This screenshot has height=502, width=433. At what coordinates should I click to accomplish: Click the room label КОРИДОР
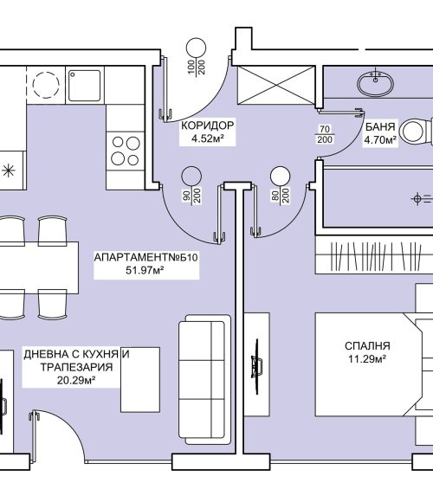pos(208,125)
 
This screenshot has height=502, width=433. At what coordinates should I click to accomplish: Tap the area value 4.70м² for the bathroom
pos(380,140)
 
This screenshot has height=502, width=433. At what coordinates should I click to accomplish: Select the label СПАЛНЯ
pos(367,345)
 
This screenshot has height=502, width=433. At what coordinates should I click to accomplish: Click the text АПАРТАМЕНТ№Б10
pos(146,257)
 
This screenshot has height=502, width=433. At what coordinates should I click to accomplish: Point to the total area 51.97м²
pos(145,271)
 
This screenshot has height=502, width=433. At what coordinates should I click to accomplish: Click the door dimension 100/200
pos(197,68)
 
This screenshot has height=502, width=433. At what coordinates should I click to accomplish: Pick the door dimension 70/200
pos(325,134)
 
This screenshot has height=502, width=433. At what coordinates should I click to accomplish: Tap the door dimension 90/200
pos(192,196)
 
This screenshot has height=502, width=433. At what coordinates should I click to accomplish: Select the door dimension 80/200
pos(281,196)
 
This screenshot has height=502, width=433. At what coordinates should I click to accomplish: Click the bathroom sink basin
pos(375,83)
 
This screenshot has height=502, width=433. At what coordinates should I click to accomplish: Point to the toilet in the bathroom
pos(417,132)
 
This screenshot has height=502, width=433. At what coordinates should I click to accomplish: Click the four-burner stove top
pos(126,151)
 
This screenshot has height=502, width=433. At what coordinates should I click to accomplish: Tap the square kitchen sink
pos(85,85)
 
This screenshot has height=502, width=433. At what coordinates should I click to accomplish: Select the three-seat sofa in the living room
pos(204,379)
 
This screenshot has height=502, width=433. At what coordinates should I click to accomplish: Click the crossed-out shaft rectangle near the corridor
pos(276,85)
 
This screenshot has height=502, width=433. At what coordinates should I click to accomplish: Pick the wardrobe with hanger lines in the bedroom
pos(374,255)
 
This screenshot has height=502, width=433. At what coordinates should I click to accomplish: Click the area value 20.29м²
pos(76,380)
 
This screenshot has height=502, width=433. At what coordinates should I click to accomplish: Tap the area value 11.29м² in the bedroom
pos(367,359)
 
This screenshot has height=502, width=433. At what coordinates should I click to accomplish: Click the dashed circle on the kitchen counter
pos(46,85)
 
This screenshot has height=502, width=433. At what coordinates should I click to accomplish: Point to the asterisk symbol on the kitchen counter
pos(9,171)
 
